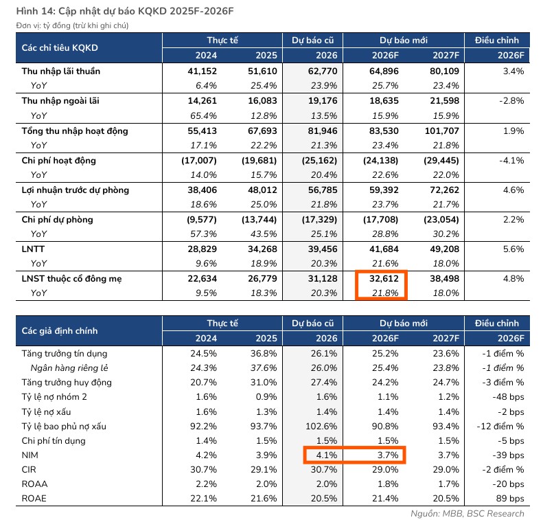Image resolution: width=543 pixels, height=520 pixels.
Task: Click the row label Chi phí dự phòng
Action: point(58,219)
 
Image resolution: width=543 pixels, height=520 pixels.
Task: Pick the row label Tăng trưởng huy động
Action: point(67,382)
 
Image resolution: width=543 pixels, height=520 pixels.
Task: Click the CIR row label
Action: point(30,469)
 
